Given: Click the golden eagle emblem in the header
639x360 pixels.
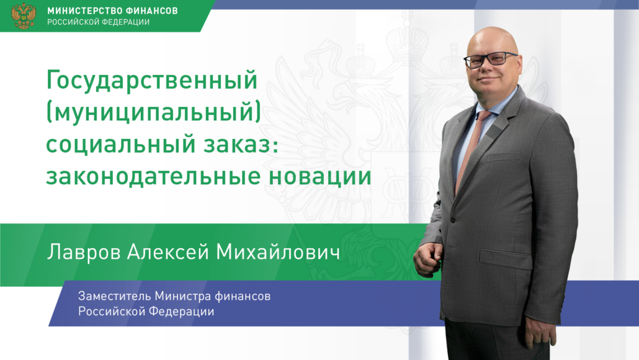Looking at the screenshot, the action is [x=23, y=16].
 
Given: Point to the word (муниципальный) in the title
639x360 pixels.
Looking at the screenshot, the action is [x=154, y=112].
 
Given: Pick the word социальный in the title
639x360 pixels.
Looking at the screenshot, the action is [x=120, y=145].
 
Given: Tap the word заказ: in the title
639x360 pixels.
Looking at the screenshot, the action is [x=241, y=145].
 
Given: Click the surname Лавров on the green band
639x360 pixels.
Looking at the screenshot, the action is [x=84, y=252].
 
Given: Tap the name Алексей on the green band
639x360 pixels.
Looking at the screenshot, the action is [x=168, y=251].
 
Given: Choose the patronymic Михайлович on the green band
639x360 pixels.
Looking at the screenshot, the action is [x=278, y=251].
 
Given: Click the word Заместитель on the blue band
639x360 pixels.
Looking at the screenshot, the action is [x=114, y=295].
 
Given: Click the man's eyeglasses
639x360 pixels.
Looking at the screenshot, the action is [x=491, y=60].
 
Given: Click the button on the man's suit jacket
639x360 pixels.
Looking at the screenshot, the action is [x=452, y=220].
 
